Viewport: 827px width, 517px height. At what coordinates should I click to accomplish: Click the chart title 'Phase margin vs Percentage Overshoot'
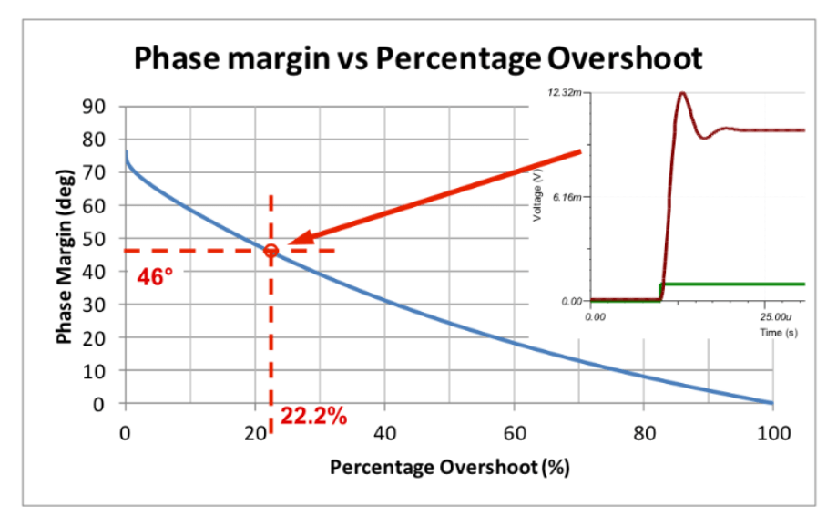418,58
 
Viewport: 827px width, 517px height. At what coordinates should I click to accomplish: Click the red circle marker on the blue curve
271,251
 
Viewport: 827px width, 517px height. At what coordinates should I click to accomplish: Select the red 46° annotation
155,275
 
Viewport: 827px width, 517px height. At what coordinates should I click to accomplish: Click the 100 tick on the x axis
772,432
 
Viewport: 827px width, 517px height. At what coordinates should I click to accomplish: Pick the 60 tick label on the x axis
514,432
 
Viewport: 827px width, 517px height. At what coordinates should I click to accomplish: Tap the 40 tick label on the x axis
384,432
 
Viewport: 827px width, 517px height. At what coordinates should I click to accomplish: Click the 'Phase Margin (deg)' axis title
65,256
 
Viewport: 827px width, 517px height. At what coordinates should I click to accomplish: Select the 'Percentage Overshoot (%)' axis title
449,468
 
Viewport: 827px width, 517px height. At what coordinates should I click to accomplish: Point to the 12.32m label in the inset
565,93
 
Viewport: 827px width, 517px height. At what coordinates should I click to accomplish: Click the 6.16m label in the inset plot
568,197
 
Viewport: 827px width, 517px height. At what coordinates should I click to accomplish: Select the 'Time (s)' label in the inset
778,333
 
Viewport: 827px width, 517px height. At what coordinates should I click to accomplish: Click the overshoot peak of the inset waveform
681,94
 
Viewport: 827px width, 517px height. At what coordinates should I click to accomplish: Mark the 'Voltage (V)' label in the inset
538,196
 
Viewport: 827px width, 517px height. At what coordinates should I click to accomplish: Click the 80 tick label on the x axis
643,432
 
